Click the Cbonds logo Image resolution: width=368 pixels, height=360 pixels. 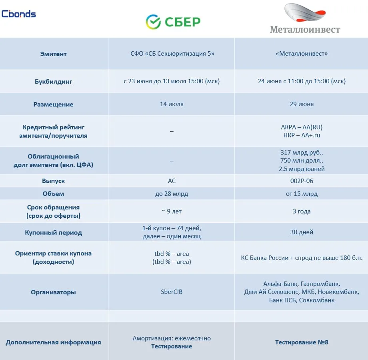click(x=18, y=14)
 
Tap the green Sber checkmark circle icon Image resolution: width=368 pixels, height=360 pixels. click(x=153, y=22)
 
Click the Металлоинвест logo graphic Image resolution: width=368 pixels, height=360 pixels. click(x=305, y=12)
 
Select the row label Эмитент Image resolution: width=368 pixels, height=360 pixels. click(x=53, y=54)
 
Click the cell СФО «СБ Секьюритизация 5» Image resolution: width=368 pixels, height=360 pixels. click(x=172, y=54)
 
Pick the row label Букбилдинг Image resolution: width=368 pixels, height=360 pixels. click(x=53, y=82)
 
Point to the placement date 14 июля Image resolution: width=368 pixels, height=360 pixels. click(x=172, y=104)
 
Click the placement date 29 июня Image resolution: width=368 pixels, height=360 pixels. click(x=302, y=104)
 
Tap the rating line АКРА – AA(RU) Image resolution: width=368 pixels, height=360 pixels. click(x=302, y=127)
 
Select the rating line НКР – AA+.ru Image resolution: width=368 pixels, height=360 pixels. click(x=302, y=135)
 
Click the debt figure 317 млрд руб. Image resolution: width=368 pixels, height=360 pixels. click(x=302, y=153)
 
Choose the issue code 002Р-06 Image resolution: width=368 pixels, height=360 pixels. click(x=302, y=181)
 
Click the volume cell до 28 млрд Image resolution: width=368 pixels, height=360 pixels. click(x=172, y=194)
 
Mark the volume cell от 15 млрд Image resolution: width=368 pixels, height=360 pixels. click(x=302, y=194)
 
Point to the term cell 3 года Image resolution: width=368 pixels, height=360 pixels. click(x=302, y=211)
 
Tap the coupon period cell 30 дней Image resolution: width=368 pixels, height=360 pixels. click(x=302, y=232)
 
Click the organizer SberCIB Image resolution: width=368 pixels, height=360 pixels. click(x=172, y=292)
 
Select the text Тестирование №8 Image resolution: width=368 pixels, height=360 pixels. click(x=302, y=342)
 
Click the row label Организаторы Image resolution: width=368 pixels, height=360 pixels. click(x=53, y=292)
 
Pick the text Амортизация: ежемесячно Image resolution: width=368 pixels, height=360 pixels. click(x=172, y=338)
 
